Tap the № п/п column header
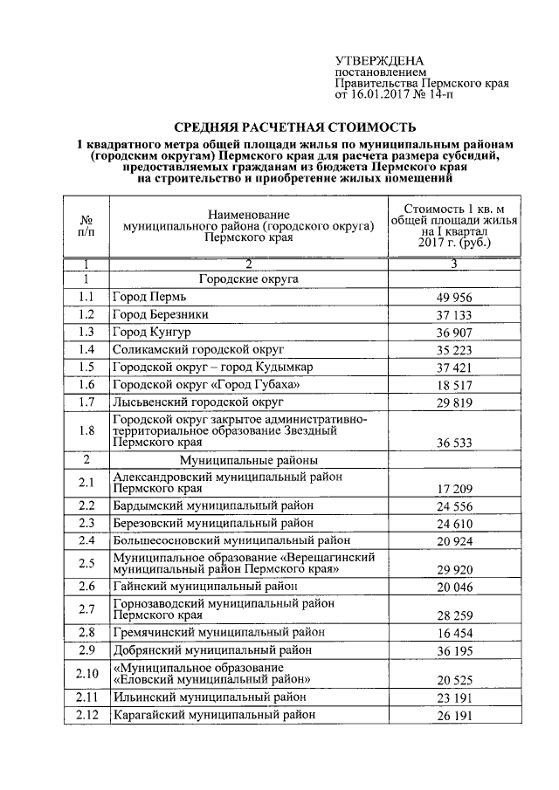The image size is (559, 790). tap(86, 226)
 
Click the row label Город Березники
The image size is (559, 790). tap(161, 314)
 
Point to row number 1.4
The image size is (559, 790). tap(86, 349)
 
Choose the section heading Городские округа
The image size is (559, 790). tap(249, 279)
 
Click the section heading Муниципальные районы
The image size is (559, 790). tap(249, 459)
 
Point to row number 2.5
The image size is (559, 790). tap(86, 563)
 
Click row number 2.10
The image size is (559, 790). tap(86, 672)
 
